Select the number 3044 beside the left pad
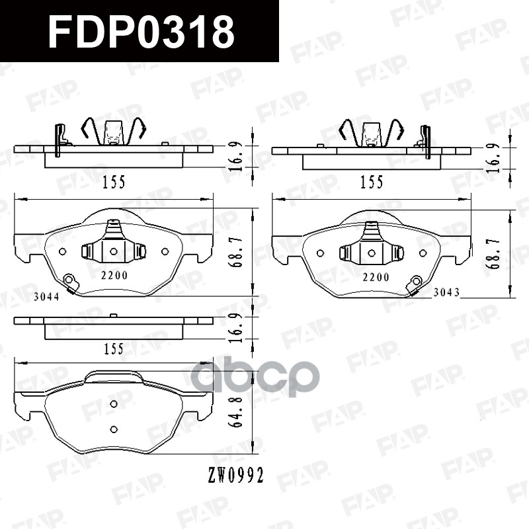[46, 297]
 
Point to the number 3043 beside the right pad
[446, 292]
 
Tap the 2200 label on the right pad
[376, 276]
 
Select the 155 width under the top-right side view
[372, 183]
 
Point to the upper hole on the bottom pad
[113, 403]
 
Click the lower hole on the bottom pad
[113, 429]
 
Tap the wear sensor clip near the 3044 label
[71, 283]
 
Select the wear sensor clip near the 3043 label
[415, 284]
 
